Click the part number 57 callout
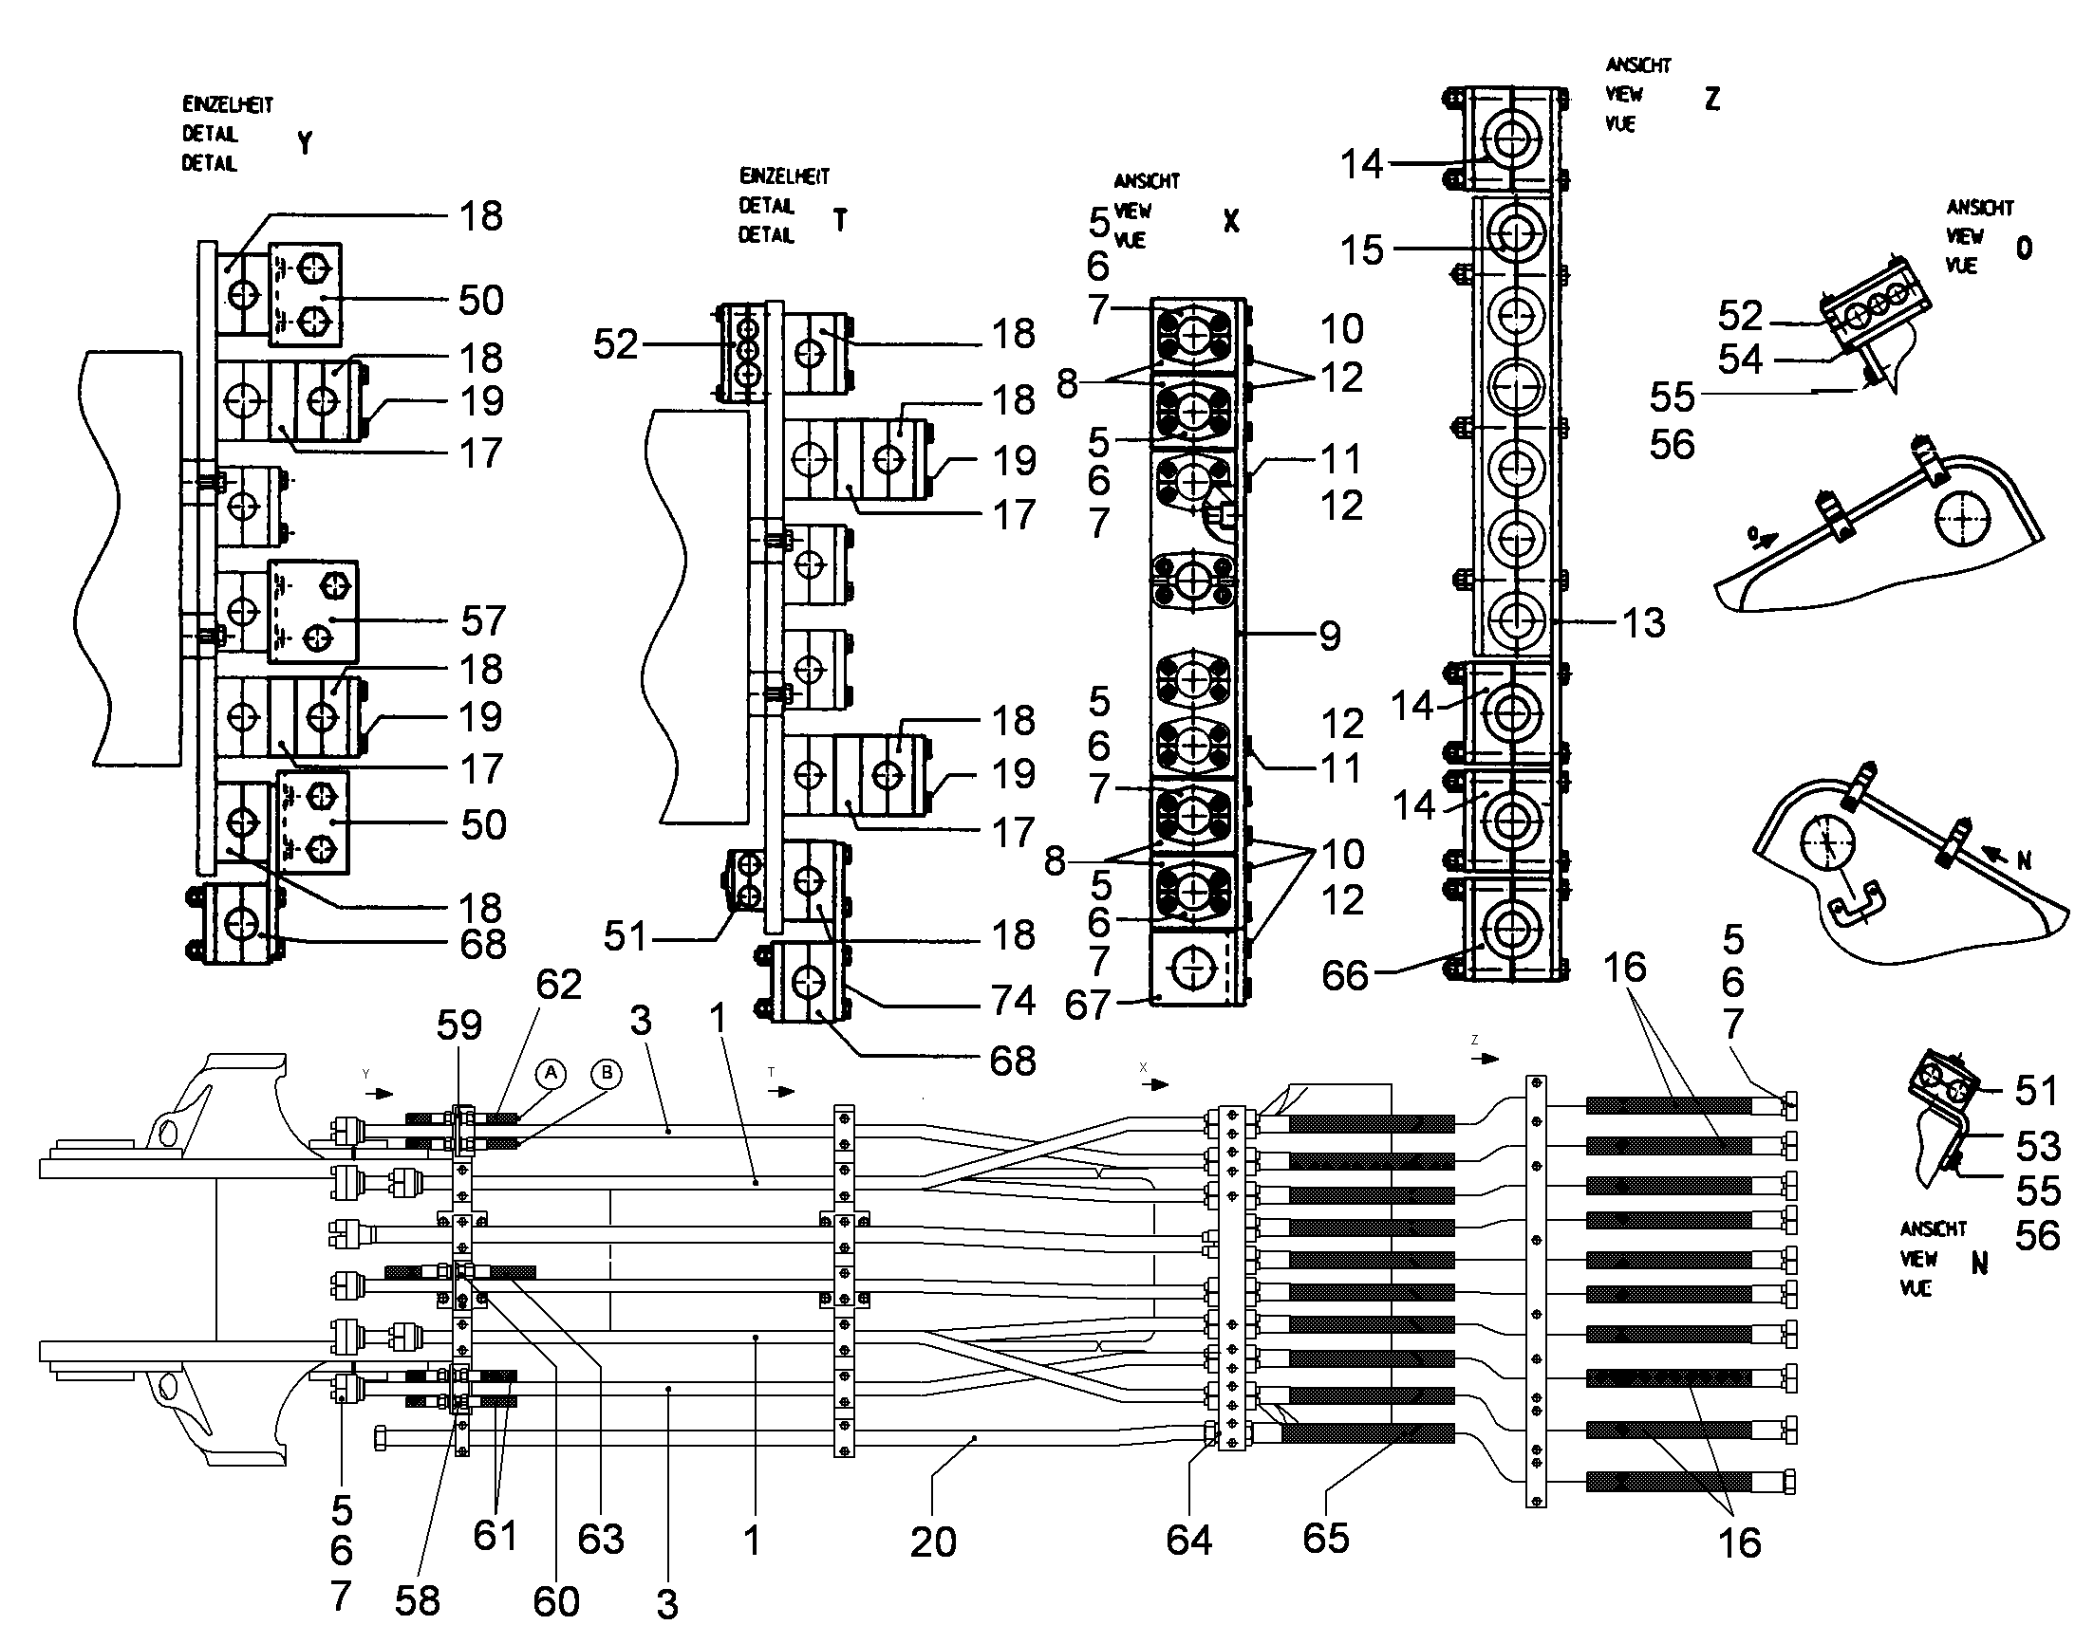click(x=482, y=621)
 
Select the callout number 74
click(x=1013, y=1001)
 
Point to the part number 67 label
click(x=1087, y=1005)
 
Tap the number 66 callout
click(x=1344, y=975)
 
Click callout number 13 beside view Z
click(x=1643, y=623)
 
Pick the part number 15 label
click(x=1361, y=250)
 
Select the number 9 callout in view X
click(x=1330, y=636)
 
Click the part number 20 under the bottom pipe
click(x=932, y=1542)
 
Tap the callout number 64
click(x=1188, y=1541)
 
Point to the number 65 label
click(x=1325, y=1539)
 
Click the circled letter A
click(x=551, y=1074)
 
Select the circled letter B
click(x=607, y=1074)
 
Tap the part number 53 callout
click(x=2037, y=1147)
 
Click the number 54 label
click(x=1740, y=360)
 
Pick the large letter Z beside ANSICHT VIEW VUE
click(x=1712, y=100)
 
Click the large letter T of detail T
click(x=839, y=221)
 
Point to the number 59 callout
click(x=458, y=1025)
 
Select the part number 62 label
click(x=558, y=986)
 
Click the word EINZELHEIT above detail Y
click(x=228, y=104)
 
